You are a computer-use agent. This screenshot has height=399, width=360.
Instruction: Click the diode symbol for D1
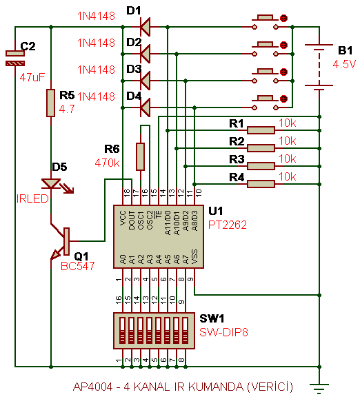point(146,27)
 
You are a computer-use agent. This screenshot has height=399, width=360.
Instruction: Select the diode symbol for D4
point(146,108)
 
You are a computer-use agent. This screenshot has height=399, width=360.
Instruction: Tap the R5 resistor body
point(50,103)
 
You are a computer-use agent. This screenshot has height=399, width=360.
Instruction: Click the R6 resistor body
point(140,156)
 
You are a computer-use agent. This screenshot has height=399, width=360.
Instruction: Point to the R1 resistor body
point(261,130)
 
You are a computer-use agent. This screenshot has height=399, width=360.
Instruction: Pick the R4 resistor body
point(261,184)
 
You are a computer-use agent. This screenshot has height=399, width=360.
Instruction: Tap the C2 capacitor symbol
point(15,59)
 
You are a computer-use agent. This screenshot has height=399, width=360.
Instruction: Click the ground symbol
point(319,389)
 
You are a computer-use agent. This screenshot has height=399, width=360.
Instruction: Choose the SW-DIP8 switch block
point(154,331)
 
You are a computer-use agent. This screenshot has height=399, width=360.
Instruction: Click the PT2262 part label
point(228,225)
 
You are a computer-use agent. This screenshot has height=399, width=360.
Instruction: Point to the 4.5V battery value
point(344,64)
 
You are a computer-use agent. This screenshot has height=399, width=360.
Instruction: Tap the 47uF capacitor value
point(32,77)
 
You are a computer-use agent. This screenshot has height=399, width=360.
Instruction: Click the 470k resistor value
point(107,163)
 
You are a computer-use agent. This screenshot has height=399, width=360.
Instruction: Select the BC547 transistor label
point(78,266)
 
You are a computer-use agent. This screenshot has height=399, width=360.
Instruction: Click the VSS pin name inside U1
point(194,256)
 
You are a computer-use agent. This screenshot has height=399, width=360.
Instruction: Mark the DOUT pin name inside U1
point(132,221)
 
